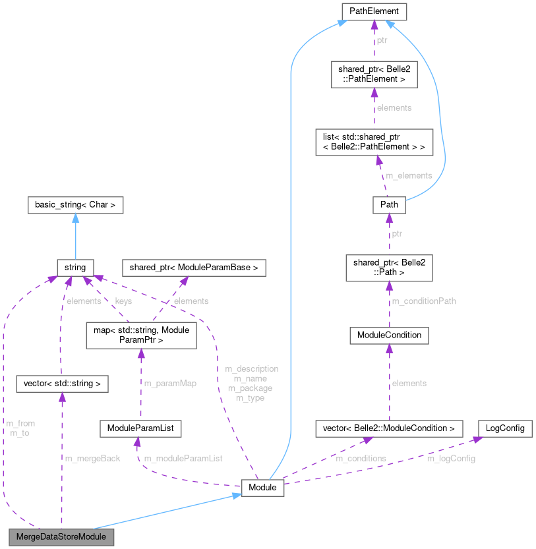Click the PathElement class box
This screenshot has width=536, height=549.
tap(374, 11)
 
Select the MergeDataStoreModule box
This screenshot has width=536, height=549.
tap(61, 536)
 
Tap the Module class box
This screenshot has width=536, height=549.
tap(263, 488)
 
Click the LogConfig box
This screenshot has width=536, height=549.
tap(504, 428)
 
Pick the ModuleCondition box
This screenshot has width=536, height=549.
tap(389, 335)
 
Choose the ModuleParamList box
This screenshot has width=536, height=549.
tap(140, 428)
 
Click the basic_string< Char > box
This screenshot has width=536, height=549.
tap(75, 205)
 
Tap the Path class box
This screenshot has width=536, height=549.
tap(388, 205)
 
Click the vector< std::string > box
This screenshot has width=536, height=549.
tap(62, 383)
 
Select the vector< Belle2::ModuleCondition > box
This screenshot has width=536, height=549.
tap(388, 428)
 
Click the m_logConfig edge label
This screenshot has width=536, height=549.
tap(451, 458)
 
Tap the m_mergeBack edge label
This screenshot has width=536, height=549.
tap(92, 458)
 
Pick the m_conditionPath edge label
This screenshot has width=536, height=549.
tap(424, 301)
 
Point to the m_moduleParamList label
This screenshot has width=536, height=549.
tap(183, 458)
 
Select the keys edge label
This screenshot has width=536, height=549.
tap(123, 301)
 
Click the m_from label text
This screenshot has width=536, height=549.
tap(20, 423)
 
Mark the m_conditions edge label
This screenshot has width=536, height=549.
tap(361, 458)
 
